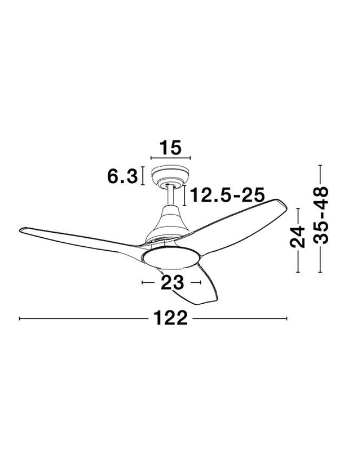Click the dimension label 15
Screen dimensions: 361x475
(170, 148)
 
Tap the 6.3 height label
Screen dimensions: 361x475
(122, 176)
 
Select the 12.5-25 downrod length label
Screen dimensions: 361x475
(227, 195)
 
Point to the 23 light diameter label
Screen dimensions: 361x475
(172, 282)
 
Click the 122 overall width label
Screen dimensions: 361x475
(171, 318)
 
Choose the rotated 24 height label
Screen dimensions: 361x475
(298, 237)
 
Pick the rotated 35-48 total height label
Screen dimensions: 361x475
(320, 215)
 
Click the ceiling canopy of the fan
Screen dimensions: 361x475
(170, 176)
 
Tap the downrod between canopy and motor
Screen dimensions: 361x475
(170, 196)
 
